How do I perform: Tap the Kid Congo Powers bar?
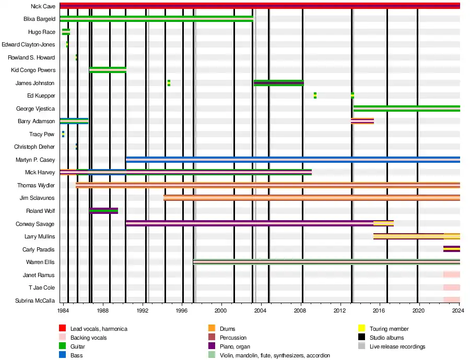pos(108,70)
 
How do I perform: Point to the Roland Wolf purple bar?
pos(103,211)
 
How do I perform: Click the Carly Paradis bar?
pos(451,249)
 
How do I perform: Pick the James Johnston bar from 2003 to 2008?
pos(278,82)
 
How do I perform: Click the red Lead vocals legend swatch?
pos(62,329)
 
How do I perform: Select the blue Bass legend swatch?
pos(62,355)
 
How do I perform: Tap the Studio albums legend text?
pos(386,338)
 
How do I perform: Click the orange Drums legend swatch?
pos(211,329)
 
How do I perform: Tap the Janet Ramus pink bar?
pos(451,274)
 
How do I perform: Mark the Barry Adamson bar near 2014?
pos(362,121)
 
